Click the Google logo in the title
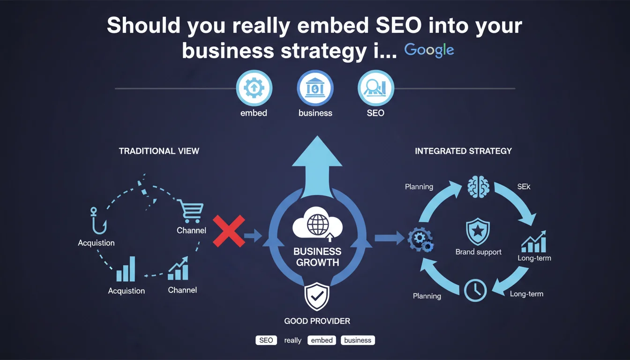(429, 50)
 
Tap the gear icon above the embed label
(254, 88)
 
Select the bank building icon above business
(315, 88)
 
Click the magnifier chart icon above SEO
(375, 88)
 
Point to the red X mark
(228, 231)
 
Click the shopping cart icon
(190, 211)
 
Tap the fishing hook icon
(96, 220)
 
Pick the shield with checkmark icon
(317, 297)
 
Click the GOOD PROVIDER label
(317, 321)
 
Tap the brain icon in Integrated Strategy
(478, 186)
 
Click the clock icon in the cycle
(475, 290)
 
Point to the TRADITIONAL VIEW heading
(159, 151)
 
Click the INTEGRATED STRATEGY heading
(463, 151)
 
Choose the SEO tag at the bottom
(266, 340)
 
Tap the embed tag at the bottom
(322, 340)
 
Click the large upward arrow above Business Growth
(317, 164)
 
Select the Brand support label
(478, 252)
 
